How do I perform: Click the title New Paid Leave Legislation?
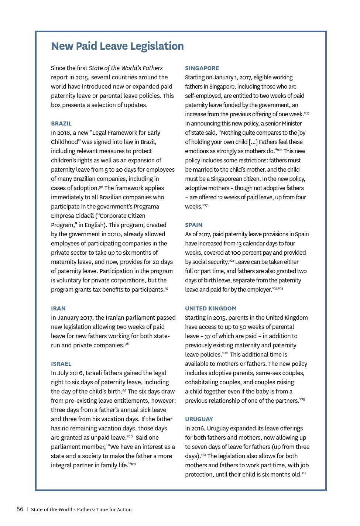pos(117,46)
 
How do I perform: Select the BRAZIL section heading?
pos(61,124)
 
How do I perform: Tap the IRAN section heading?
pos(58,309)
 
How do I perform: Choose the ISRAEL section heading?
pos(61,364)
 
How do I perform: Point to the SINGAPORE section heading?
pos(202,68)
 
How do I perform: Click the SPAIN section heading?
pos(193,225)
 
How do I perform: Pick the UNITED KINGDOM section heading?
pos(211,309)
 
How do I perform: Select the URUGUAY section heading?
pos(199,419)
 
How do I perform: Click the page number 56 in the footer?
pos(20,509)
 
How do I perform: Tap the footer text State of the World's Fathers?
pos(81,510)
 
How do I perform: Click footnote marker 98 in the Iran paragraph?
pos(127,344)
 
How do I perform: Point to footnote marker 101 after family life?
pos(133,464)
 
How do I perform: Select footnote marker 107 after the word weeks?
pos(205,205)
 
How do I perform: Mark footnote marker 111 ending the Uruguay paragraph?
pos(304,473)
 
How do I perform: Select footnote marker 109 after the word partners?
pos(302,399)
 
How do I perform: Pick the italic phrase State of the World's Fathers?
pos(126,68)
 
